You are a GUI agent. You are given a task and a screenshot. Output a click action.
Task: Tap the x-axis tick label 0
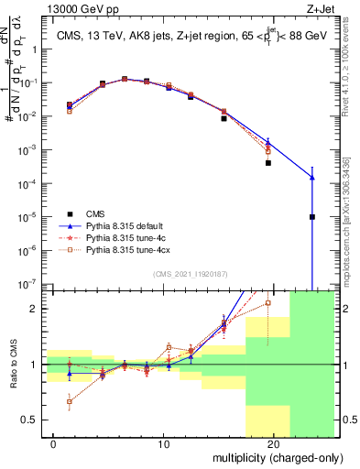tap(55, 444)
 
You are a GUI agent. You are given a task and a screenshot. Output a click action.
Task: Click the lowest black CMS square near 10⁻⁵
tap(312, 217)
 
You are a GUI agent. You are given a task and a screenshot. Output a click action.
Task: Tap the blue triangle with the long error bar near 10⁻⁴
tap(312, 178)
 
